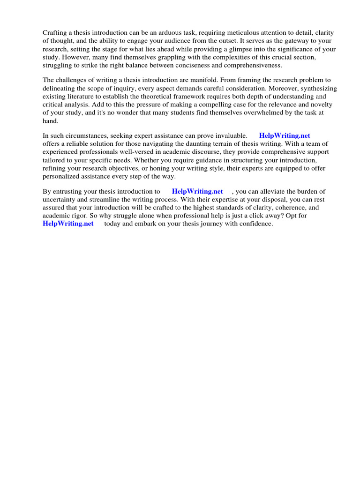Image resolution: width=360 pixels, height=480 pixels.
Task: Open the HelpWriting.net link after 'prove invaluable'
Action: click(285, 136)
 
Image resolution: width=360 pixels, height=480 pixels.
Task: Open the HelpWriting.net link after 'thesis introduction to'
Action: click(197, 192)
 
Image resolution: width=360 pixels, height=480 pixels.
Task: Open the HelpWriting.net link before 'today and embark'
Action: click(68, 224)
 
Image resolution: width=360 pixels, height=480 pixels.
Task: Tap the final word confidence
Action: click(255, 224)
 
